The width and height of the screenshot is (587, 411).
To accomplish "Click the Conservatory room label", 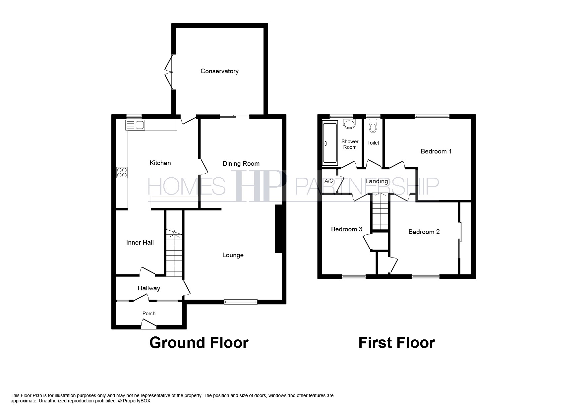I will (x=219, y=71).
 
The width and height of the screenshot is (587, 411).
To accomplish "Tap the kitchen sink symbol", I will (x=135, y=125).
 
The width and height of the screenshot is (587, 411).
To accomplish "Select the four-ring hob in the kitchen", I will (x=122, y=173).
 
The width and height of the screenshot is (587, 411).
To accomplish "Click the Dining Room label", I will (x=241, y=163).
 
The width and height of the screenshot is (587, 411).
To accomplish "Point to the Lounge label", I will (x=233, y=255).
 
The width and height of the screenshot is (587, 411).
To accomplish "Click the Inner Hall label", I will (x=140, y=243).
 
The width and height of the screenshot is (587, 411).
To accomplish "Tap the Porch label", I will (x=149, y=313).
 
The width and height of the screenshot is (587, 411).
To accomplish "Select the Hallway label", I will (x=149, y=288).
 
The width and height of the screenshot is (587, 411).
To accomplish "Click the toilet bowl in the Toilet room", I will (x=373, y=127).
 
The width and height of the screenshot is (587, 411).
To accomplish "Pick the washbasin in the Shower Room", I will (x=349, y=124).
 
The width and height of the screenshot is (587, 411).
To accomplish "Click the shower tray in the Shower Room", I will (x=330, y=143).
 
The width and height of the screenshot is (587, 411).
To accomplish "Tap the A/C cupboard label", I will (x=329, y=181).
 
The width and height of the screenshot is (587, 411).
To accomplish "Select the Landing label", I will (x=376, y=181).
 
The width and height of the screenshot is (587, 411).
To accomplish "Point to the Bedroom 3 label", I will (x=347, y=229).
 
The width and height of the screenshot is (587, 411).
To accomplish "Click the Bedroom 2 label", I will (x=424, y=232).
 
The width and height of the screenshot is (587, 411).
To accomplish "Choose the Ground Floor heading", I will (x=199, y=343).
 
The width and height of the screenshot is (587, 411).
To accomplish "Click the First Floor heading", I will (x=396, y=343).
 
